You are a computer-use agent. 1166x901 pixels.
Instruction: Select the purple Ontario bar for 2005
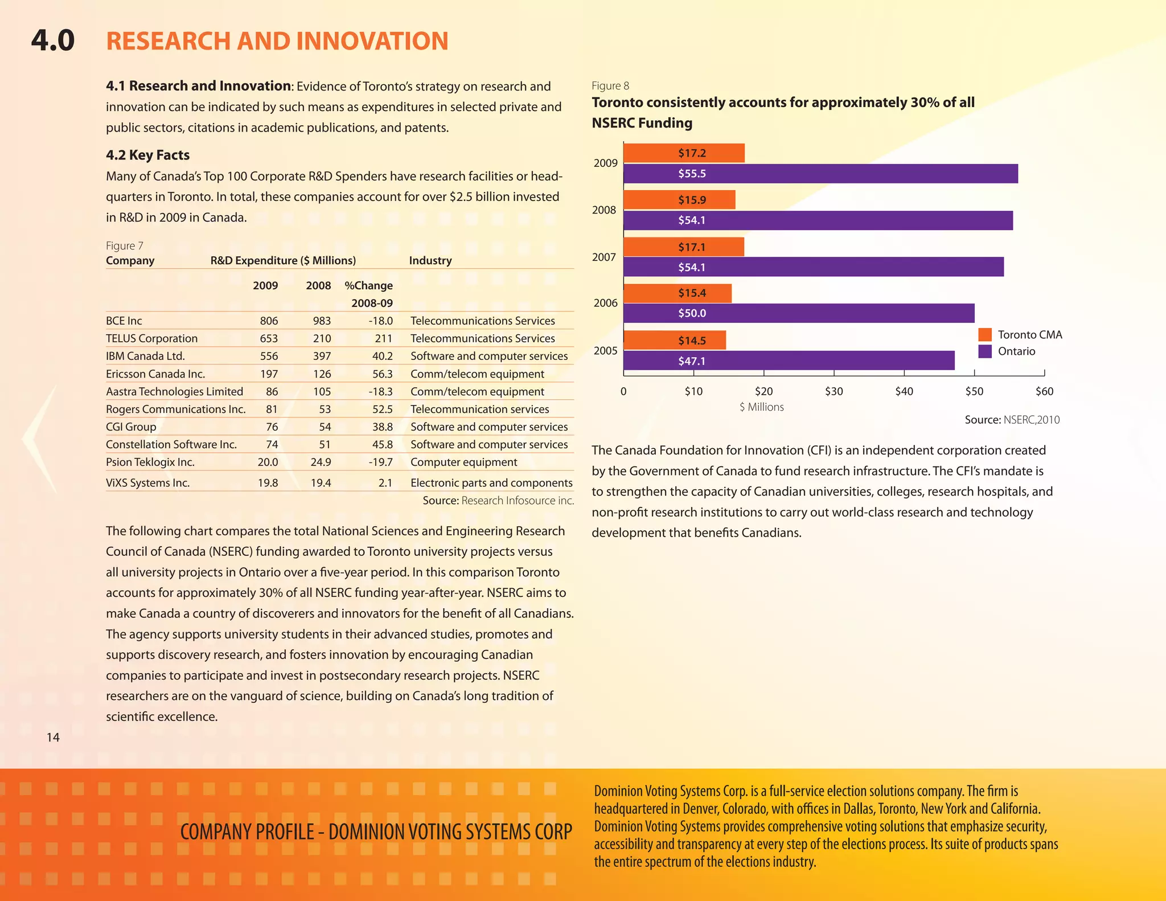[x=789, y=361]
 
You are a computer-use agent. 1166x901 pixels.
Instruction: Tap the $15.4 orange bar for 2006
[x=678, y=293]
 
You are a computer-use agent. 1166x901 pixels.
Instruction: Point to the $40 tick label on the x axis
[x=904, y=391]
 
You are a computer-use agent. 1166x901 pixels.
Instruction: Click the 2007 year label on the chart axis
[x=603, y=257]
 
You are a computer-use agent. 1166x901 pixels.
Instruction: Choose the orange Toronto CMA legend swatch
[x=985, y=335]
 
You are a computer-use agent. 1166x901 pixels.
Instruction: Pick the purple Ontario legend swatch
[x=985, y=351]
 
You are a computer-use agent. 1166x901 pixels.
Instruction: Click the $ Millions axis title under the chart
[x=762, y=407]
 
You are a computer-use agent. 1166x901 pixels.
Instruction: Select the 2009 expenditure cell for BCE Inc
[x=269, y=321]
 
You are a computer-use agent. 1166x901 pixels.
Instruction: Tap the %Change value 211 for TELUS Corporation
[x=383, y=338]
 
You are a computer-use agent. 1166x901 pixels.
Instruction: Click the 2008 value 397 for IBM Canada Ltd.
[x=322, y=356]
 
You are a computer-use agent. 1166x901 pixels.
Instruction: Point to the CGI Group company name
[x=131, y=427]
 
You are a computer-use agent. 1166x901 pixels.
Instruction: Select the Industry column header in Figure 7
[x=430, y=260]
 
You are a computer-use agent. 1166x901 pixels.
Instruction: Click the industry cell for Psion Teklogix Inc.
[x=463, y=462]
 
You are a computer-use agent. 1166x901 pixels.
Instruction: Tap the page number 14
[x=53, y=738]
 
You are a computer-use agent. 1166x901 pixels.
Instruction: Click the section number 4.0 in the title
[x=53, y=40]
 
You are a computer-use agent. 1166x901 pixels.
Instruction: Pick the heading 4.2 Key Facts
[x=147, y=155]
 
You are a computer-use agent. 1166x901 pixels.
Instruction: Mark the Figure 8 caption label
[x=610, y=86]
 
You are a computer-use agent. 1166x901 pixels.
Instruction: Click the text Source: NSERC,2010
[x=1012, y=420]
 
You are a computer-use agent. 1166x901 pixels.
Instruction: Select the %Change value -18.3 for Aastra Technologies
[x=380, y=391]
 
